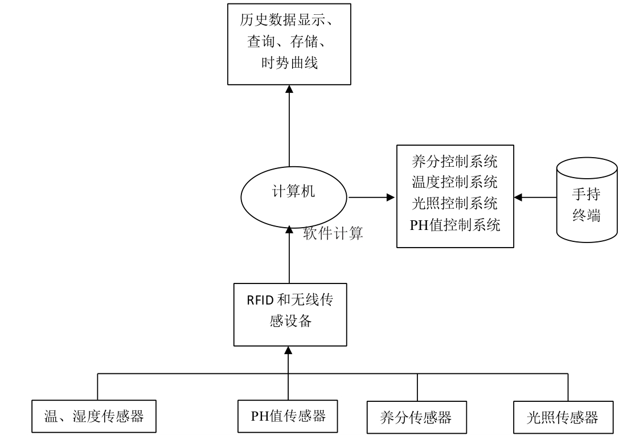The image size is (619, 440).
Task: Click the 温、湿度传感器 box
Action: [93, 417]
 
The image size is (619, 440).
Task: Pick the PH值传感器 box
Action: [288, 416]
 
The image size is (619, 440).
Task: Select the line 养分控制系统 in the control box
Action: [454, 162]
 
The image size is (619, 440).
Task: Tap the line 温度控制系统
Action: [454, 183]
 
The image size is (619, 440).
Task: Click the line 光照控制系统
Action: [454, 203]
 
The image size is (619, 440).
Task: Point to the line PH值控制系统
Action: [454, 225]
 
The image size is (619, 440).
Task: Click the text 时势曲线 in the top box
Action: [289, 63]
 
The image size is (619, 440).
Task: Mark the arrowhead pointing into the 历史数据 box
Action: [289, 89]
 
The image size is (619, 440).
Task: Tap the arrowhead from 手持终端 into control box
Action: [518, 198]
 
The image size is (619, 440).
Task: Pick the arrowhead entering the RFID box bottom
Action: [289, 350]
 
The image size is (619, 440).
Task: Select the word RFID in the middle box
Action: [260, 301]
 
